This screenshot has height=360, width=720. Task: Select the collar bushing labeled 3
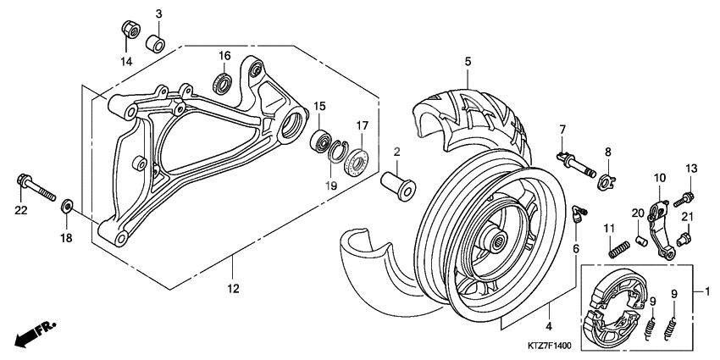pyautogui.click(x=154, y=42)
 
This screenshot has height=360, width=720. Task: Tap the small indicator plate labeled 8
pyautogui.click(x=610, y=179)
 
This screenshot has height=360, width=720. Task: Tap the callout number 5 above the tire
pyautogui.click(x=466, y=61)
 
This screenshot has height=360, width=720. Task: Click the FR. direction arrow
pyautogui.click(x=31, y=333)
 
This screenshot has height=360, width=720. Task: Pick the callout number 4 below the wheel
pyautogui.click(x=548, y=325)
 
